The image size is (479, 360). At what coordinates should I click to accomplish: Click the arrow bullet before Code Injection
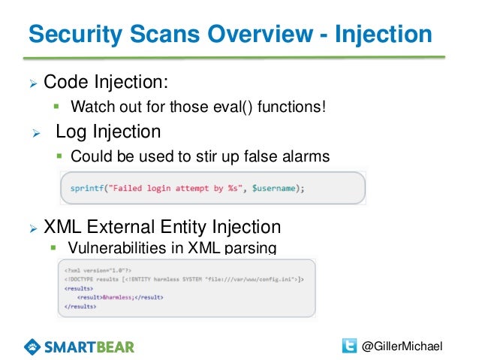pos(32,81)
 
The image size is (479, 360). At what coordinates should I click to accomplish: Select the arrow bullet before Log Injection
pos(35,133)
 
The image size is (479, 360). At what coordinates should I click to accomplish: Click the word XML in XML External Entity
pos(64,226)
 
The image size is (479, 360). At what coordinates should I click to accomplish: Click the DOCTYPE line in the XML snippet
pos(183,279)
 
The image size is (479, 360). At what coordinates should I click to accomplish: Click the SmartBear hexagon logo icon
pos(35,346)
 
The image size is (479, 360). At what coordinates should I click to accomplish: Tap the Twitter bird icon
pos(349,345)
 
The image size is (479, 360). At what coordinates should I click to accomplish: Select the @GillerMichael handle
pos(402,346)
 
